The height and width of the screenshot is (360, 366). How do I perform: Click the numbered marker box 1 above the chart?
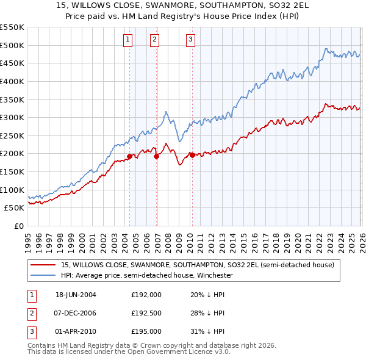(x=128, y=40)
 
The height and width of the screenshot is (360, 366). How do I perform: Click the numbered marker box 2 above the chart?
(x=155, y=40)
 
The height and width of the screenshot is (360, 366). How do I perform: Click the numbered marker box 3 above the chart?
(x=190, y=40)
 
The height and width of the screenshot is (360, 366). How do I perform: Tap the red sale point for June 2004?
(x=129, y=156)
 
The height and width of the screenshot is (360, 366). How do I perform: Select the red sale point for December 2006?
(x=156, y=156)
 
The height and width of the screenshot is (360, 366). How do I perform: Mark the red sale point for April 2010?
(x=192, y=155)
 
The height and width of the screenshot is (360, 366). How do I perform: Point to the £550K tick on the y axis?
(x=12, y=27)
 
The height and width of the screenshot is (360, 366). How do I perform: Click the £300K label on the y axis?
(x=12, y=117)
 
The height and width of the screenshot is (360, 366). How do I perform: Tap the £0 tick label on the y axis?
(x=18, y=226)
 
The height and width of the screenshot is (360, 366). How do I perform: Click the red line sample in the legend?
(x=43, y=265)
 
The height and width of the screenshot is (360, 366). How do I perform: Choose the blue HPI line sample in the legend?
(x=43, y=276)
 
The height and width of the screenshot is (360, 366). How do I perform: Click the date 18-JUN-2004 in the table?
(x=76, y=294)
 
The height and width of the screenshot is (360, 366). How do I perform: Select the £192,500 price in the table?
(x=146, y=313)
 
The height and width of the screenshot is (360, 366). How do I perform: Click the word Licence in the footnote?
(x=198, y=352)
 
